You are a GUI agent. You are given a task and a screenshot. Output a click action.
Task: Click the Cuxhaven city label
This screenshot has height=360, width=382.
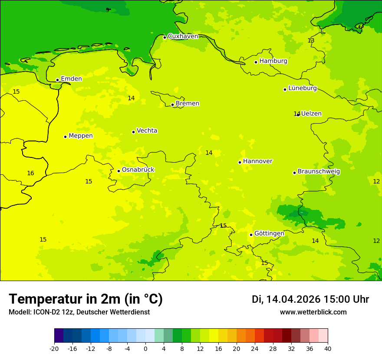point(183,36)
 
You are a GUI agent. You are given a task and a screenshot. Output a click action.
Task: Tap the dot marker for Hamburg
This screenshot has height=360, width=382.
point(256,62)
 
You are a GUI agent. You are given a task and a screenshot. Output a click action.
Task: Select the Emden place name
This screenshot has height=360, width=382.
point(71,79)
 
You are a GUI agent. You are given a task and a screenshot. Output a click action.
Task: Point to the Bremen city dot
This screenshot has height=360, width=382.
point(172,105)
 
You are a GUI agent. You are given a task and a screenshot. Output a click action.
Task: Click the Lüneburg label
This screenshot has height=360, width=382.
point(303,88)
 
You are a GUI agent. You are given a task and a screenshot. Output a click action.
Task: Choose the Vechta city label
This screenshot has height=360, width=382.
point(147,131)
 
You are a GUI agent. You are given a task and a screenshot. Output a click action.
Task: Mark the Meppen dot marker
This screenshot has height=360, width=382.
point(65,137)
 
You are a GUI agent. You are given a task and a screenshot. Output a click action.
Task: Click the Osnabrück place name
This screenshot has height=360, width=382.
point(138,170)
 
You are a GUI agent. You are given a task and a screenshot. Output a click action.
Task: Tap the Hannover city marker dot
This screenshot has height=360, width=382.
point(240,162)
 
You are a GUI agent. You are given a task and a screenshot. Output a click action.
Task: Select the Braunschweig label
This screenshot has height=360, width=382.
point(319,172)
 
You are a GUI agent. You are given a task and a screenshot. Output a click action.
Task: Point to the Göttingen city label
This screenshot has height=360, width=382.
point(269,234)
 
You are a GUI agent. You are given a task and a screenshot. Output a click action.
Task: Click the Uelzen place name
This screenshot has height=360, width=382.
point(311,114)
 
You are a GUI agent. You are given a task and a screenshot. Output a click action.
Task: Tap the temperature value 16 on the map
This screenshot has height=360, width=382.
point(30,173)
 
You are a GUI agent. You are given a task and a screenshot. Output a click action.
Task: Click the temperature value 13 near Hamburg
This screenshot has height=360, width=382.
point(311,41)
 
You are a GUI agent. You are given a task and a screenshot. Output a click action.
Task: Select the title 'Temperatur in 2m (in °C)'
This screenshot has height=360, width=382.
point(86,299)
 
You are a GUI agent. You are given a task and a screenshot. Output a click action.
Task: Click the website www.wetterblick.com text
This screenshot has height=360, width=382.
point(313,312)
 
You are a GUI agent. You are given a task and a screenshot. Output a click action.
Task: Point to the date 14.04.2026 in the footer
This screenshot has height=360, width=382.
point(293,299)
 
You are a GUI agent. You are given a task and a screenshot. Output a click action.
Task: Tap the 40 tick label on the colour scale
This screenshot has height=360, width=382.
point(328,348)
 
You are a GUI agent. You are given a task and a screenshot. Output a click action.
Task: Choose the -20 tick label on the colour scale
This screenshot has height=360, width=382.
point(54,348)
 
